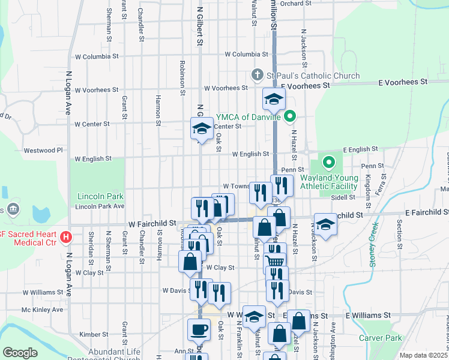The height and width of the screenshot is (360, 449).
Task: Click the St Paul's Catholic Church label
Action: [x=313, y=76]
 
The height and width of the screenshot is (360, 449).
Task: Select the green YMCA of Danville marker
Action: [x=291, y=116]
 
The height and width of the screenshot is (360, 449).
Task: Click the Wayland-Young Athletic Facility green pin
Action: [x=328, y=163]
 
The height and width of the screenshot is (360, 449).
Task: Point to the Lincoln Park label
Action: [x=100, y=196]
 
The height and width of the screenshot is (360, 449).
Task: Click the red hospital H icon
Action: [x=67, y=236]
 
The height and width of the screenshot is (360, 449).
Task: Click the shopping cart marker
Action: [x=275, y=261]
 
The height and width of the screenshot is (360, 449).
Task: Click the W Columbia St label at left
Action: [x=96, y=56]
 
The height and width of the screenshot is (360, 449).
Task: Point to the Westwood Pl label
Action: [x=43, y=150]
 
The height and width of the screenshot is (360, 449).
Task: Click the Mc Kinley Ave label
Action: [x=42, y=310]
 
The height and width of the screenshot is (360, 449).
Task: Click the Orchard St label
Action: [x=295, y=3]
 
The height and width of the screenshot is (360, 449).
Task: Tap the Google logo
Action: [x=20, y=352]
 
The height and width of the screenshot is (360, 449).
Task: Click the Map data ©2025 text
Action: [x=423, y=355]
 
